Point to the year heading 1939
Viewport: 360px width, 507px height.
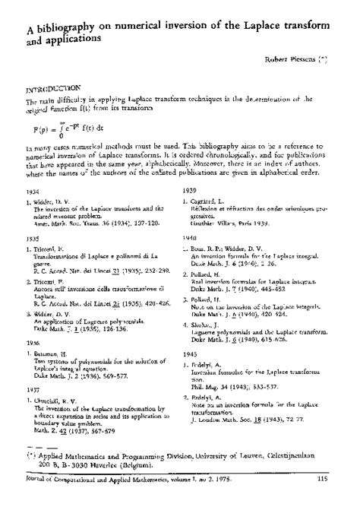pyautogui.click(x=191, y=189)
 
